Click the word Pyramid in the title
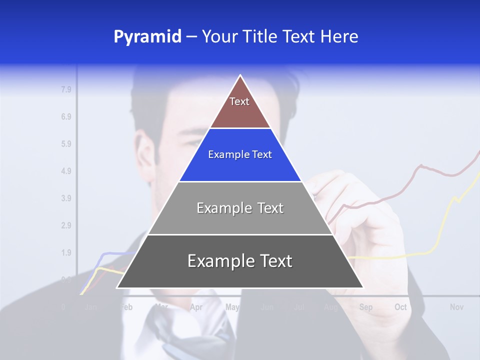(x=147, y=37)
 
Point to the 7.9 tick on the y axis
(x=66, y=90)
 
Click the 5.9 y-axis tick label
(x=66, y=144)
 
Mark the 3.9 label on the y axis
(x=66, y=198)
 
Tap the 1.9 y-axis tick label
(x=66, y=252)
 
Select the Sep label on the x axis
(x=365, y=307)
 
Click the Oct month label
(x=400, y=307)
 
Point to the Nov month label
(x=456, y=307)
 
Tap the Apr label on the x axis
(x=196, y=307)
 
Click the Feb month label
(x=126, y=307)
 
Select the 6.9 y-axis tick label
(x=66, y=117)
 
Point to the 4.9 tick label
(x=66, y=171)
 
